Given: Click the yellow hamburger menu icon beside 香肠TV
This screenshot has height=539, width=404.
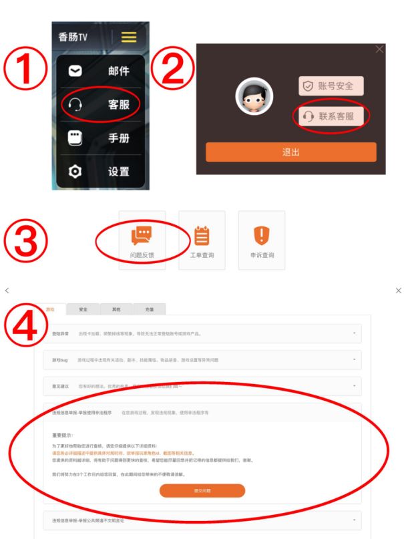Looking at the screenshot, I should tap(128, 37).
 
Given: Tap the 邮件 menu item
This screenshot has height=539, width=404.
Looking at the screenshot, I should tap(100, 71).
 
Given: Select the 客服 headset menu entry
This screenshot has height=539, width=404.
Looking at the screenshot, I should tap(100, 105).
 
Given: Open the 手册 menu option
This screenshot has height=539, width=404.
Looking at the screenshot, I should tap(100, 138).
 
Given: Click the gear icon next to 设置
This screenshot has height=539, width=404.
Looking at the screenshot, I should tap(75, 172).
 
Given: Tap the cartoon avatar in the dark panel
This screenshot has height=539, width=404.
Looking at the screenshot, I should tap(254, 98).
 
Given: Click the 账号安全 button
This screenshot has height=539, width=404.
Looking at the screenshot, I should tap(331, 86).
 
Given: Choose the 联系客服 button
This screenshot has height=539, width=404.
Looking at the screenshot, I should tap(331, 116).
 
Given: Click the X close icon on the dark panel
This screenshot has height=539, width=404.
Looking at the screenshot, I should tap(380, 49).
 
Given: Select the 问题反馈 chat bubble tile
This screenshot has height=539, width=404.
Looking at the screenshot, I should tap(142, 240).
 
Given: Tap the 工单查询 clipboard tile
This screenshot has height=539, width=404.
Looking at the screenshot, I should tap(202, 240).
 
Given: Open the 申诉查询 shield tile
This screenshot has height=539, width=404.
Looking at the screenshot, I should tap(262, 240).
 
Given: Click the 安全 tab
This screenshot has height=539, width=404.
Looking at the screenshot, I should tap(83, 309).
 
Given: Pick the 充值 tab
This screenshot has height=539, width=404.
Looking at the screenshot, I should tap(150, 309).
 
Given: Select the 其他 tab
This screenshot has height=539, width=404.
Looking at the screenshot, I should tap(116, 309).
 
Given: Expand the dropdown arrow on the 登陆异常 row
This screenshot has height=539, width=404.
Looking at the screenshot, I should tap(354, 333).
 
